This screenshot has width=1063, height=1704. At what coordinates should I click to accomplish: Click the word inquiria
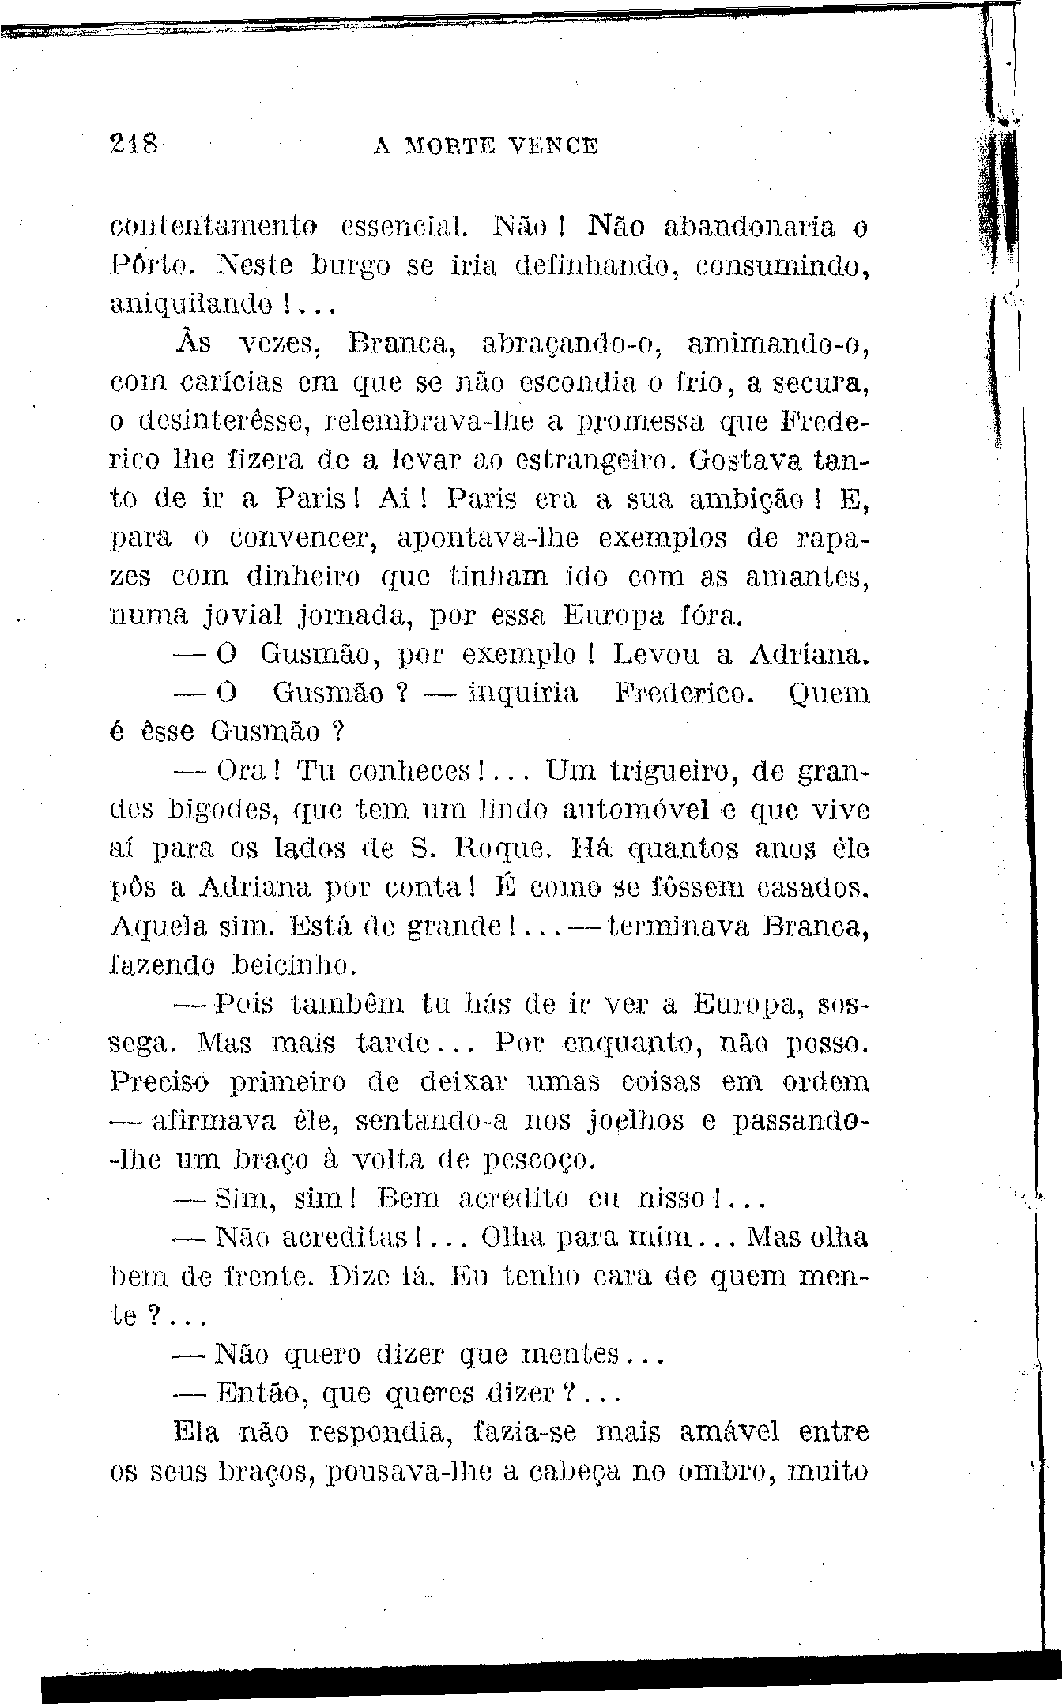pos(523,694)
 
